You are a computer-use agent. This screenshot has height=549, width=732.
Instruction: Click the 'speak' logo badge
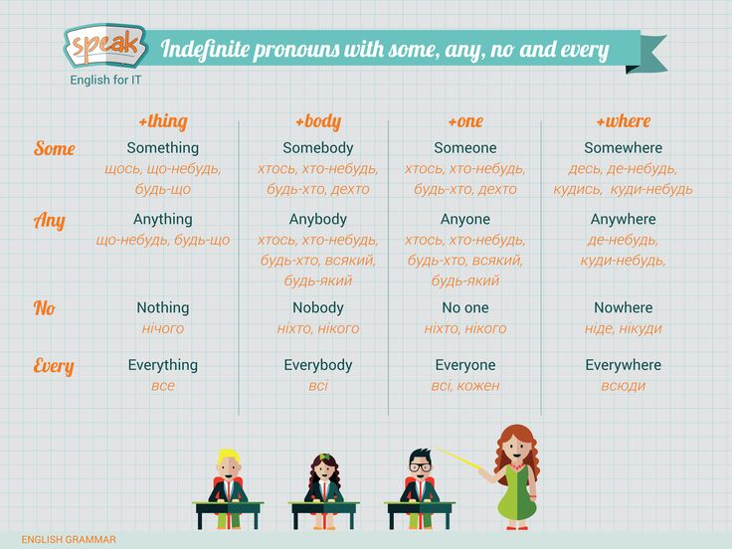(x=105, y=46)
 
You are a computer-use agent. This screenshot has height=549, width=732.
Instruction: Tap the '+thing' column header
(x=163, y=121)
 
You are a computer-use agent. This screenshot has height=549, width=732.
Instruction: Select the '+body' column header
(x=318, y=121)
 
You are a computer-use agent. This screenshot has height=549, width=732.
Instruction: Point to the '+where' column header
(x=624, y=121)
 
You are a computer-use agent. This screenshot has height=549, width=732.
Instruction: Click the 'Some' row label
(x=54, y=148)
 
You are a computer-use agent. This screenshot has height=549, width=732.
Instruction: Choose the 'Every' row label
(x=54, y=366)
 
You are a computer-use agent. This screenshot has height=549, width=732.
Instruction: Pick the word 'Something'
(x=163, y=147)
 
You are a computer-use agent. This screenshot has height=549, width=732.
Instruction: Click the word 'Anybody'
(x=318, y=219)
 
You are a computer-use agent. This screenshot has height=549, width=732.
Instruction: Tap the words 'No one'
(x=465, y=307)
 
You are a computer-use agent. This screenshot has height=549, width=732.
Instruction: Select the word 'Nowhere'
(x=624, y=307)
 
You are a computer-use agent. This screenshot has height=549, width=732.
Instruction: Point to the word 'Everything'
(x=163, y=365)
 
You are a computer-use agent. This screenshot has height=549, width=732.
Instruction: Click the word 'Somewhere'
(x=624, y=147)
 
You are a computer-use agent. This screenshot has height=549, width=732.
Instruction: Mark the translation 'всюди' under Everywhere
(x=624, y=386)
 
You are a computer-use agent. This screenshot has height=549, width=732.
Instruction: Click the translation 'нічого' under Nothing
(x=163, y=328)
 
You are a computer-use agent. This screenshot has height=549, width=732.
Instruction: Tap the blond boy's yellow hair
(x=229, y=456)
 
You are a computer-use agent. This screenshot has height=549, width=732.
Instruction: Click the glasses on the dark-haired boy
(x=421, y=466)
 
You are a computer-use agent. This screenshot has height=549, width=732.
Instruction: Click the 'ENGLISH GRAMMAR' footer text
(x=69, y=540)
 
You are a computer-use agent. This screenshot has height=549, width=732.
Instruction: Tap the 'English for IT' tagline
(x=105, y=80)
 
